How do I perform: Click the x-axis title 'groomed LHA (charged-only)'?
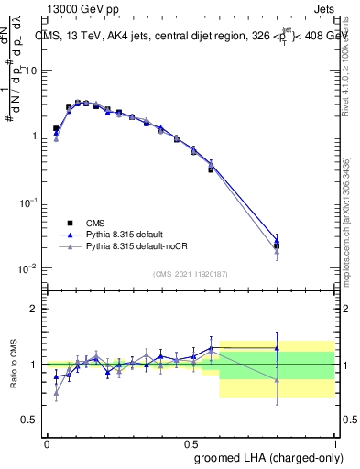coord(275,457)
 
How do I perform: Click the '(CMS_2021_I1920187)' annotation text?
coord(191,273)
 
